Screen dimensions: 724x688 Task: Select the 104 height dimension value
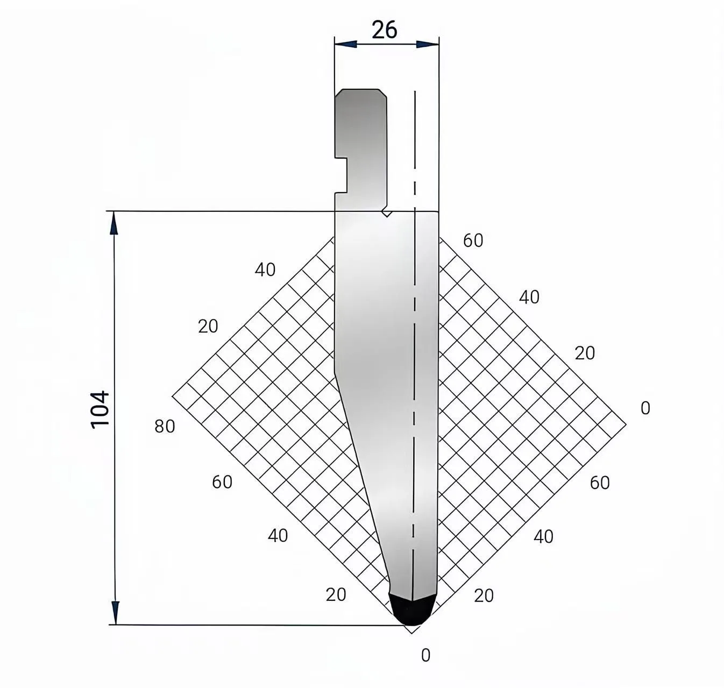[x=100, y=409]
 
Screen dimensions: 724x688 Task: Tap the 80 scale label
[x=165, y=427]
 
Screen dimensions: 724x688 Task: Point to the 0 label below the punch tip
[x=425, y=655]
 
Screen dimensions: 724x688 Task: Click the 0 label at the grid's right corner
[x=645, y=408]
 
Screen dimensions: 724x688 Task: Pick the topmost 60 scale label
[x=473, y=240]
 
